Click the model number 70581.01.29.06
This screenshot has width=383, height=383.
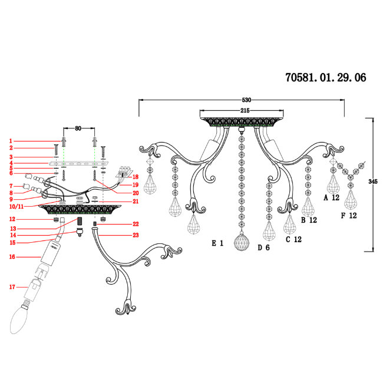(326, 77)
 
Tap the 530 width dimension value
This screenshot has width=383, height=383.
(246, 100)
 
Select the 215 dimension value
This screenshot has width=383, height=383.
(245, 111)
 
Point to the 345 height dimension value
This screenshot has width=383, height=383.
(373, 181)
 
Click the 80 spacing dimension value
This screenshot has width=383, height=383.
(78, 128)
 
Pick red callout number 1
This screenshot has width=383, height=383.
(11, 141)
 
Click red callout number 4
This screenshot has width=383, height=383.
(11, 163)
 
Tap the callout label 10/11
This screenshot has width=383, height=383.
(16, 206)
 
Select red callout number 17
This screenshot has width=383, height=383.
(12, 287)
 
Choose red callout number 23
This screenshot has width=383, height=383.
(136, 235)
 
